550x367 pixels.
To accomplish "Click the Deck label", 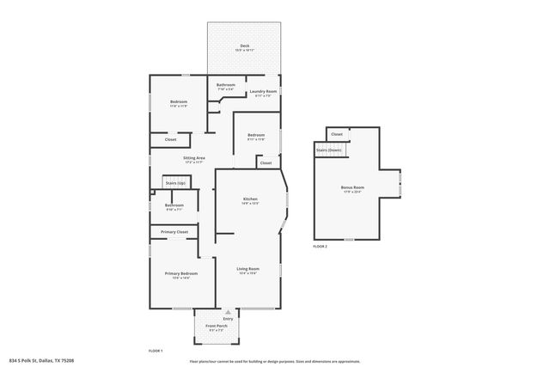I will tap(244, 46).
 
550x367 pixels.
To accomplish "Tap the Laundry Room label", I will tap(263, 91).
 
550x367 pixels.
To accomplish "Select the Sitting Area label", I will tap(193, 158).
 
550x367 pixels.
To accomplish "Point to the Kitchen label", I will tap(249, 199).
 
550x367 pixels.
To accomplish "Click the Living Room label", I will tap(248, 269).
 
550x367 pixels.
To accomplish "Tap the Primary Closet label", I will tap(174, 232).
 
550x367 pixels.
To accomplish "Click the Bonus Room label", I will tap(352, 187).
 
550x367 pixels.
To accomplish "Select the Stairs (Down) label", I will tap(328, 150).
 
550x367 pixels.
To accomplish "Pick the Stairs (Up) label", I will tap(175, 183).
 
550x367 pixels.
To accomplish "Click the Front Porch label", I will tap(216, 326).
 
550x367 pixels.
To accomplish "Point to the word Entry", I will tap(228, 318).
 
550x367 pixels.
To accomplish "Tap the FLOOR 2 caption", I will tap(320, 246).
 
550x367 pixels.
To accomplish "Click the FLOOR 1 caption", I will tap(156, 351).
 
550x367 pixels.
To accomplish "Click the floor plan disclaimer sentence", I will tap(274, 361).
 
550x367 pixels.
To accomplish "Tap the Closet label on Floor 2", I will tap(337, 134).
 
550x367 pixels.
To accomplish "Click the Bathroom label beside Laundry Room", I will tap(226, 84).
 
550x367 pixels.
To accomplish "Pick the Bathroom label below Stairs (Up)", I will tap(174, 205).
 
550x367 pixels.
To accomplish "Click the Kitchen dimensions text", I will tap(249, 204).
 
